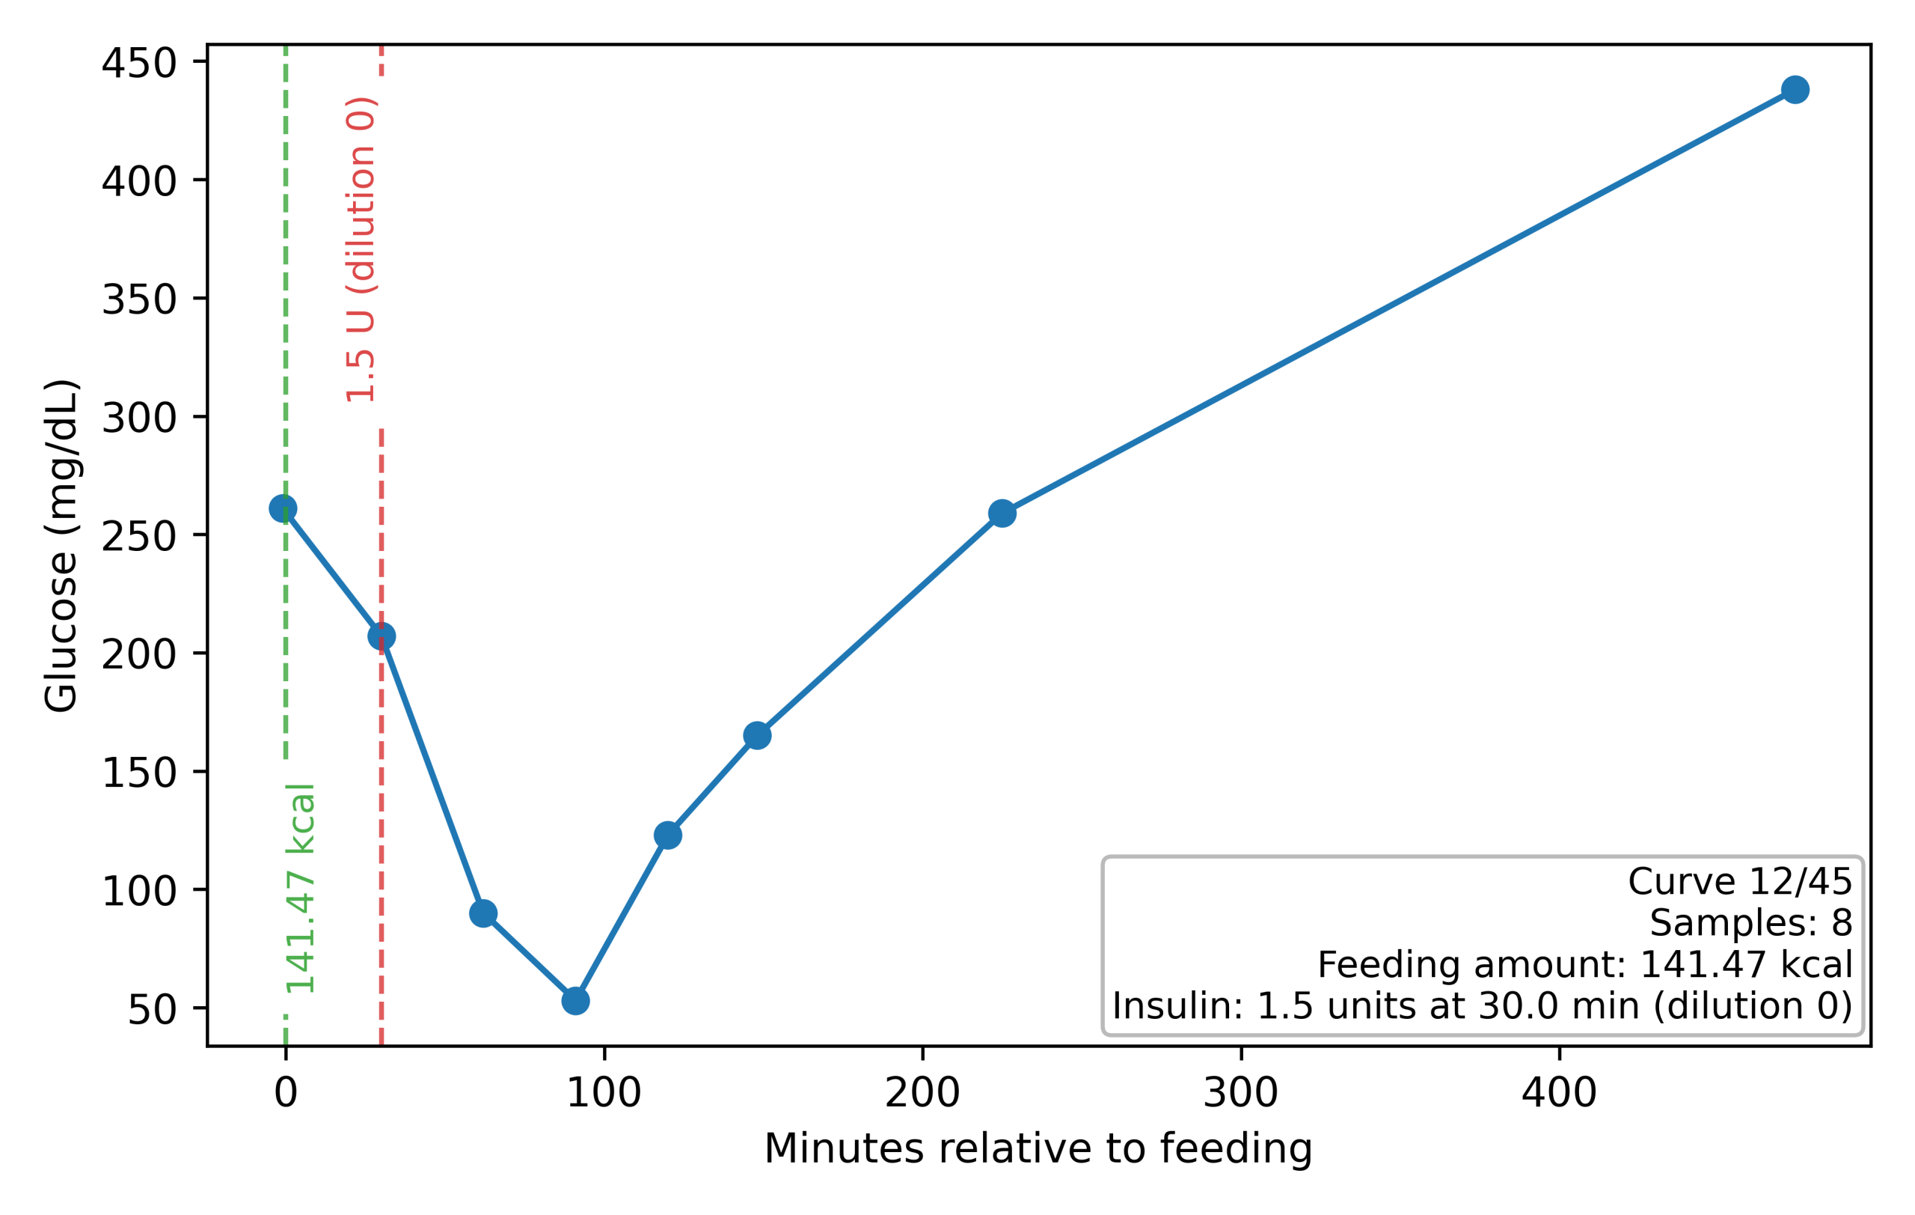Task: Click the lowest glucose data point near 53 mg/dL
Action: click(x=575, y=1000)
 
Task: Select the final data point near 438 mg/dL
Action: click(x=1795, y=90)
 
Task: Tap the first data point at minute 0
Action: click(x=283, y=508)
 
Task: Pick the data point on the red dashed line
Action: click(x=382, y=636)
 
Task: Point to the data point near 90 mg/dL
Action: click(x=482, y=913)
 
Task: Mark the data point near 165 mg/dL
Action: click(x=757, y=736)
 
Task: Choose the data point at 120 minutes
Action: click(x=667, y=835)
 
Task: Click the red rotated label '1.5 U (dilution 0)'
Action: click(x=361, y=249)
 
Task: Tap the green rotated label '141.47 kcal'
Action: click(x=301, y=888)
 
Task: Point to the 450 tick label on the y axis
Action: click(x=138, y=64)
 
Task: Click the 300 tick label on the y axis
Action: click(x=138, y=418)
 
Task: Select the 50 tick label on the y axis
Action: click(x=151, y=1010)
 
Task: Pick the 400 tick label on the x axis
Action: click(x=1559, y=1093)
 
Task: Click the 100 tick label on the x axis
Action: click(x=604, y=1093)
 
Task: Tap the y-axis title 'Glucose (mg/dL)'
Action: click(x=61, y=546)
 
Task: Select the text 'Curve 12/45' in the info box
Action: click(x=1739, y=882)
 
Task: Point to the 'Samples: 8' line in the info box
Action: click(x=1750, y=923)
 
